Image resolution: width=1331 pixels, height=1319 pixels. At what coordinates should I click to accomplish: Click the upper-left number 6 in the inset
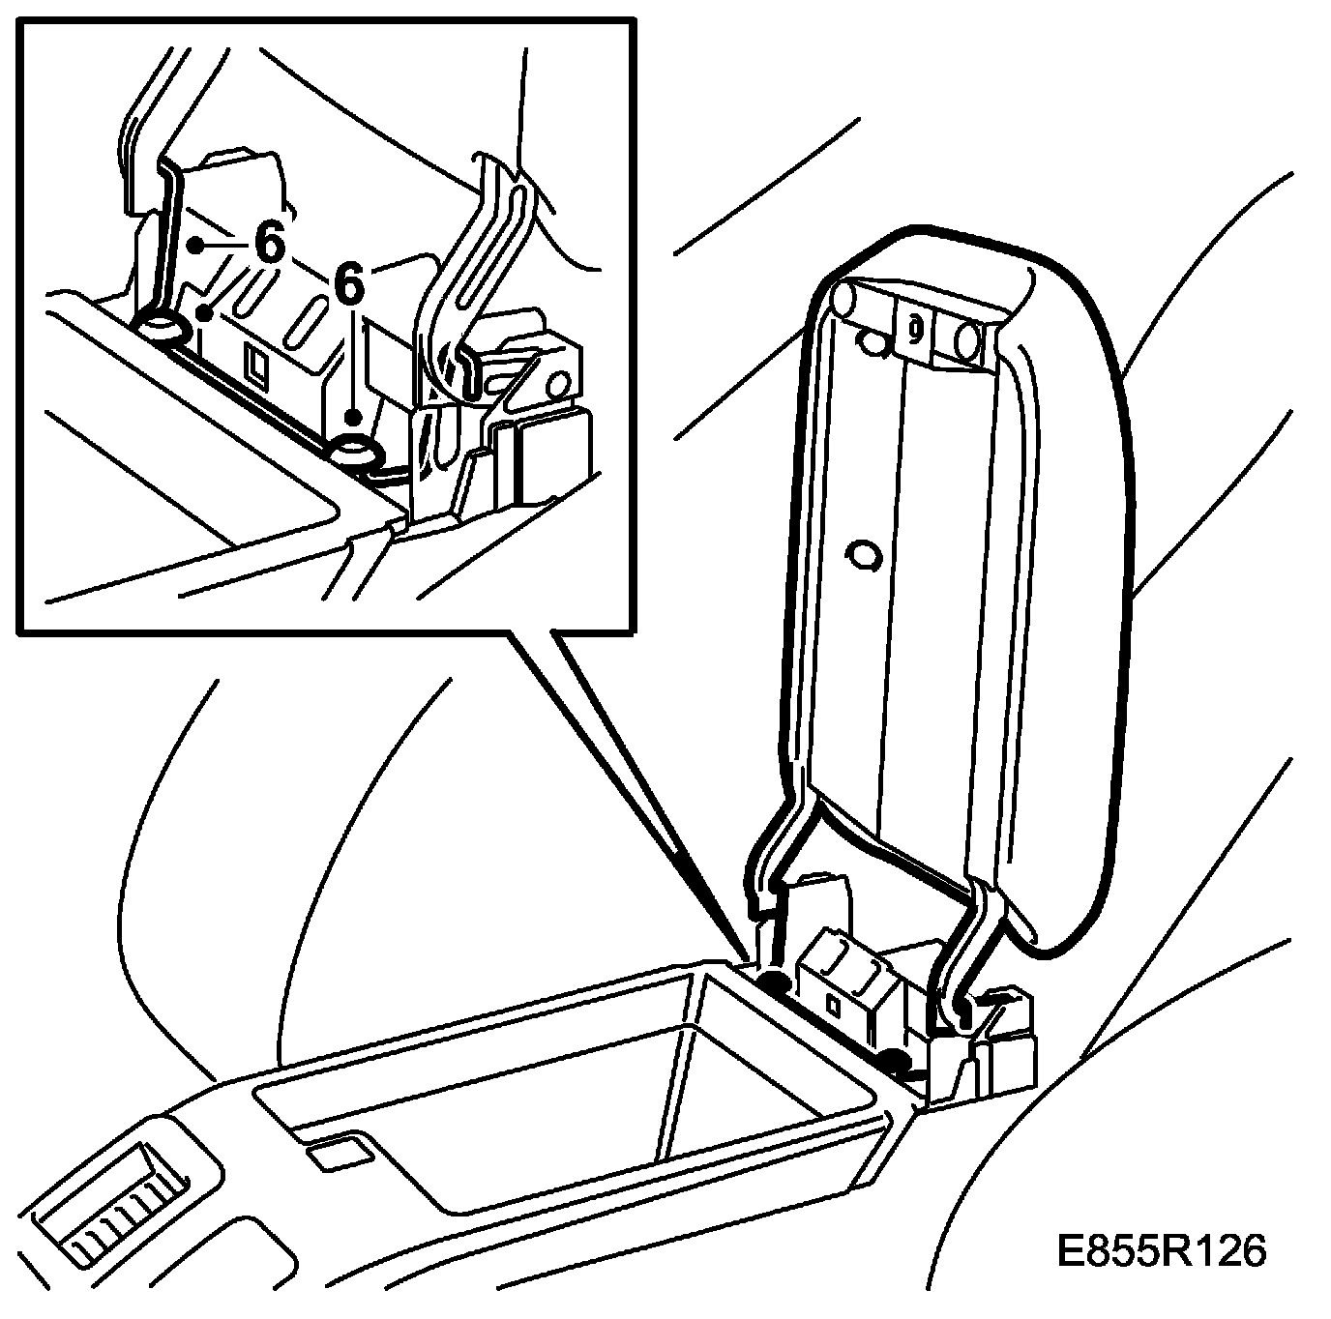coord(271,244)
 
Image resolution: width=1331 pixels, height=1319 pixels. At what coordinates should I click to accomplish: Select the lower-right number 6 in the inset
coord(349,285)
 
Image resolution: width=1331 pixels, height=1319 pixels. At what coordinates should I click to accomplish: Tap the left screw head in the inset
coord(161,329)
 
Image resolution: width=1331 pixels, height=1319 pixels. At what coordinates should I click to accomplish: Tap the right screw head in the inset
coord(355,452)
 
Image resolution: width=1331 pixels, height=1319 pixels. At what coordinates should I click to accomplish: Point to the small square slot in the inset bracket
coord(259,363)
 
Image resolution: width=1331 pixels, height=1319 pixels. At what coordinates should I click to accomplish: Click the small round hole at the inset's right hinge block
coord(558,385)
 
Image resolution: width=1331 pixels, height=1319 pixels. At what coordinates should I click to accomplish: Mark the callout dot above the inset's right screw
coord(353,417)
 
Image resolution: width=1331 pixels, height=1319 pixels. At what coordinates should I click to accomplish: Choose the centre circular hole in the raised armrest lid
coord(860,554)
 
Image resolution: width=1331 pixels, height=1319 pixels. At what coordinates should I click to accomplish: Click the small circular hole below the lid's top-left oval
coord(874,340)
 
